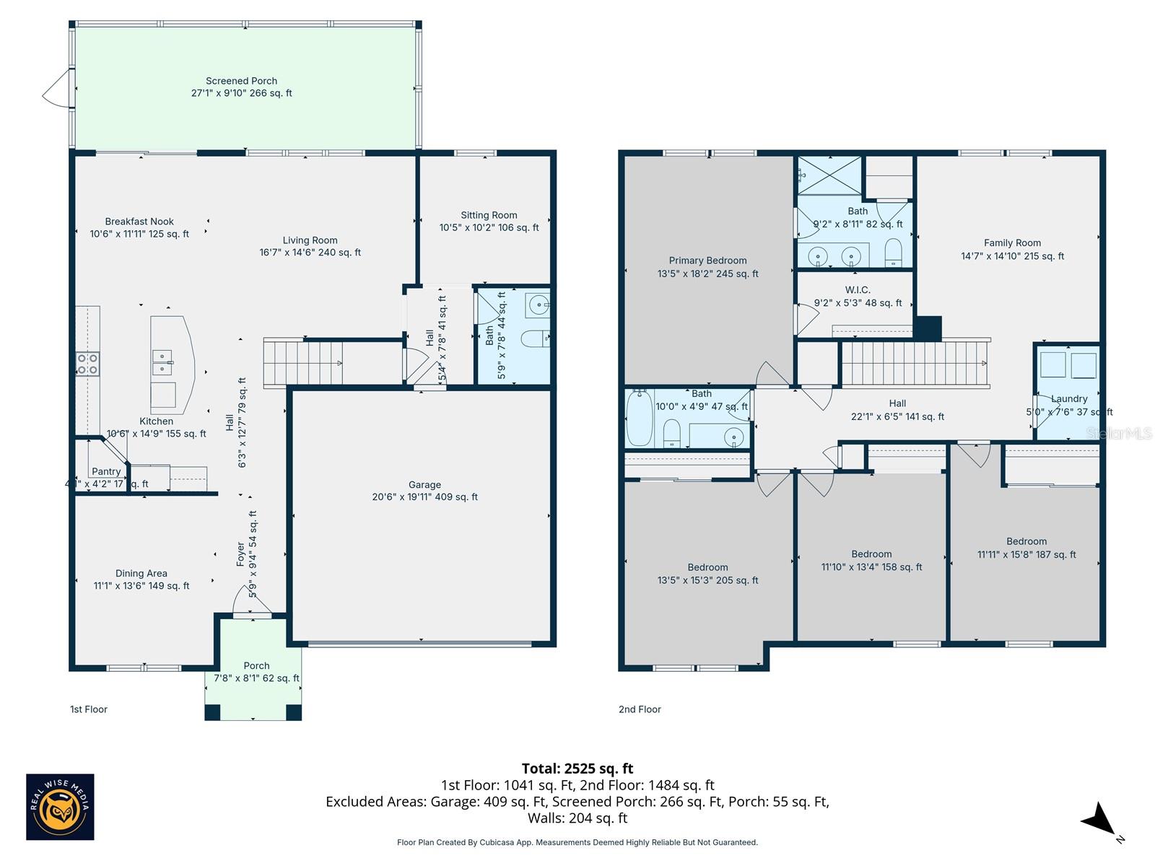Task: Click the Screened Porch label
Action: click(x=241, y=81)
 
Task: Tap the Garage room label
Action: click(x=424, y=485)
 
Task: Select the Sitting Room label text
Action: click(x=489, y=215)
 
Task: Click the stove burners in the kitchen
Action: click(x=87, y=364)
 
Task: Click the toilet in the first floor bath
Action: click(x=535, y=338)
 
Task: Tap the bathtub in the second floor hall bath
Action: click(x=639, y=418)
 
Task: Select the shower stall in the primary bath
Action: click(x=829, y=175)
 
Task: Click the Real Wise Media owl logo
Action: click(x=60, y=807)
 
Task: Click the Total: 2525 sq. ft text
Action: click(x=577, y=769)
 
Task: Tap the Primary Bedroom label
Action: click(x=707, y=261)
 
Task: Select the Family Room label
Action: click(x=1012, y=243)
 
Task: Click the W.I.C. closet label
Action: click(x=858, y=290)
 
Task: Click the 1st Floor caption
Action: click(x=89, y=709)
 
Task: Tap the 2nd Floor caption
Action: click(x=640, y=709)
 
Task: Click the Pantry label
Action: click(x=106, y=471)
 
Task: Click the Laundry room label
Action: click(x=1068, y=399)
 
